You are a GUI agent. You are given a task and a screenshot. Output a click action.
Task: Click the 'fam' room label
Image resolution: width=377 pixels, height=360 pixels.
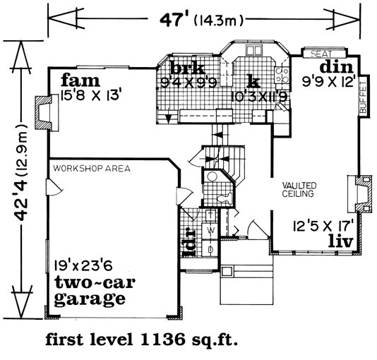pyautogui.click(x=80, y=80)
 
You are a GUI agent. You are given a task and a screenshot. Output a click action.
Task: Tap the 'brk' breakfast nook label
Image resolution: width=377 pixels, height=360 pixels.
pyautogui.click(x=188, y=68)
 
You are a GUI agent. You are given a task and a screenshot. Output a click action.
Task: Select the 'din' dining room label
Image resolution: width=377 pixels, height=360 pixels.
pyautogui.click(x=337, y=67)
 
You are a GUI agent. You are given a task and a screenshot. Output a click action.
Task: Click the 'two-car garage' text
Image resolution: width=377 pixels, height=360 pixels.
pyautogui.click(x=95, y=292)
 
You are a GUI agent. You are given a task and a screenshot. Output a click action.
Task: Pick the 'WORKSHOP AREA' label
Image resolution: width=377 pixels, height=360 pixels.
pyautogui.click(x=92, y=169)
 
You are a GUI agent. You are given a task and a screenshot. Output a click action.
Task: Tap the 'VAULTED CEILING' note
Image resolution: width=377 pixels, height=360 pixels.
pyautogui.click(x=299, y=190)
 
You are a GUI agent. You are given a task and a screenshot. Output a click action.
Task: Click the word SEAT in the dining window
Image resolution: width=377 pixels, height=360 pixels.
pyautogui.click(x=321, y=54)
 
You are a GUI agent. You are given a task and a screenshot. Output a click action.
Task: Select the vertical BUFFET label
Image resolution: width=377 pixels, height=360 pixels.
pyautogui.click(x=364, y=97)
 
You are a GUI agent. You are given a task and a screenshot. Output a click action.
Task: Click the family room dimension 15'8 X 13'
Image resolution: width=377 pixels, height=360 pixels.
pyautogui.click(x=90, y=96)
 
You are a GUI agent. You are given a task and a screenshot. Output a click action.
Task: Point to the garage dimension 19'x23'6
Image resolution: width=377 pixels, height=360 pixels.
pyautogui.click(x=83, y=265)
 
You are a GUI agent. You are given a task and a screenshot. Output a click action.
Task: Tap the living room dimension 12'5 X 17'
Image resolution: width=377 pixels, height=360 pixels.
pyautogui.click(x=323, y=227)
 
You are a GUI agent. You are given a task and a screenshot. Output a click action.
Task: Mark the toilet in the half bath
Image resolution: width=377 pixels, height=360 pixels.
pyautogui.click(x=225, y=198)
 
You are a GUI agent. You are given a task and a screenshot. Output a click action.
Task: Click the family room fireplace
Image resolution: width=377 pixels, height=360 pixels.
pyautogui.click(x=47, y=113)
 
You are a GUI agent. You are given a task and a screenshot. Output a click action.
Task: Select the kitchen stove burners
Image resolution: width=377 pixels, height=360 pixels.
pyautogui.click(x=282, y=75)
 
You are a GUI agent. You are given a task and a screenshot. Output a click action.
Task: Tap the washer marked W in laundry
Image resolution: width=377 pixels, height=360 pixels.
pyautogui.click(x=210, y=231)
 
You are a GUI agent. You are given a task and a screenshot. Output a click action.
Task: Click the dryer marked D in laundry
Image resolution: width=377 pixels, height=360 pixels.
pyautogui.click(x=210, y=248)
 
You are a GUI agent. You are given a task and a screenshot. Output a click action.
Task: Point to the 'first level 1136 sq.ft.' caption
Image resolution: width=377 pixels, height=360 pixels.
pyautogui.click(x=142, y=340)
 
